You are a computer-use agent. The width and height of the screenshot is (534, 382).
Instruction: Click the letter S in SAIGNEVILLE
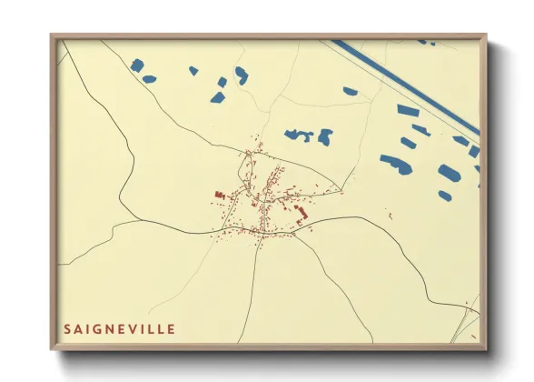point(67,328)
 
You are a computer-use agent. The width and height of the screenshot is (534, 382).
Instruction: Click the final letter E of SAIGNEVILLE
point(172,328)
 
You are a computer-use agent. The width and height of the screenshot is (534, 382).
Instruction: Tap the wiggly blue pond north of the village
point(298,136)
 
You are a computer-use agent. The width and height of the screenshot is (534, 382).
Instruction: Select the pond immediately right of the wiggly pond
point(324,137)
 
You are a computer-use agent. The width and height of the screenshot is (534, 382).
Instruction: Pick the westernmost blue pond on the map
point(137,65)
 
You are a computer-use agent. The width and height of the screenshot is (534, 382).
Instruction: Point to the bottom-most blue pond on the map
point(444,196)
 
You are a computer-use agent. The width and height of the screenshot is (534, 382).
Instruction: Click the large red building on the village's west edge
point(219,195)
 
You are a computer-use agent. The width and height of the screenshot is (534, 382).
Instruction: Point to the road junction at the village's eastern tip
point(341,190)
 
